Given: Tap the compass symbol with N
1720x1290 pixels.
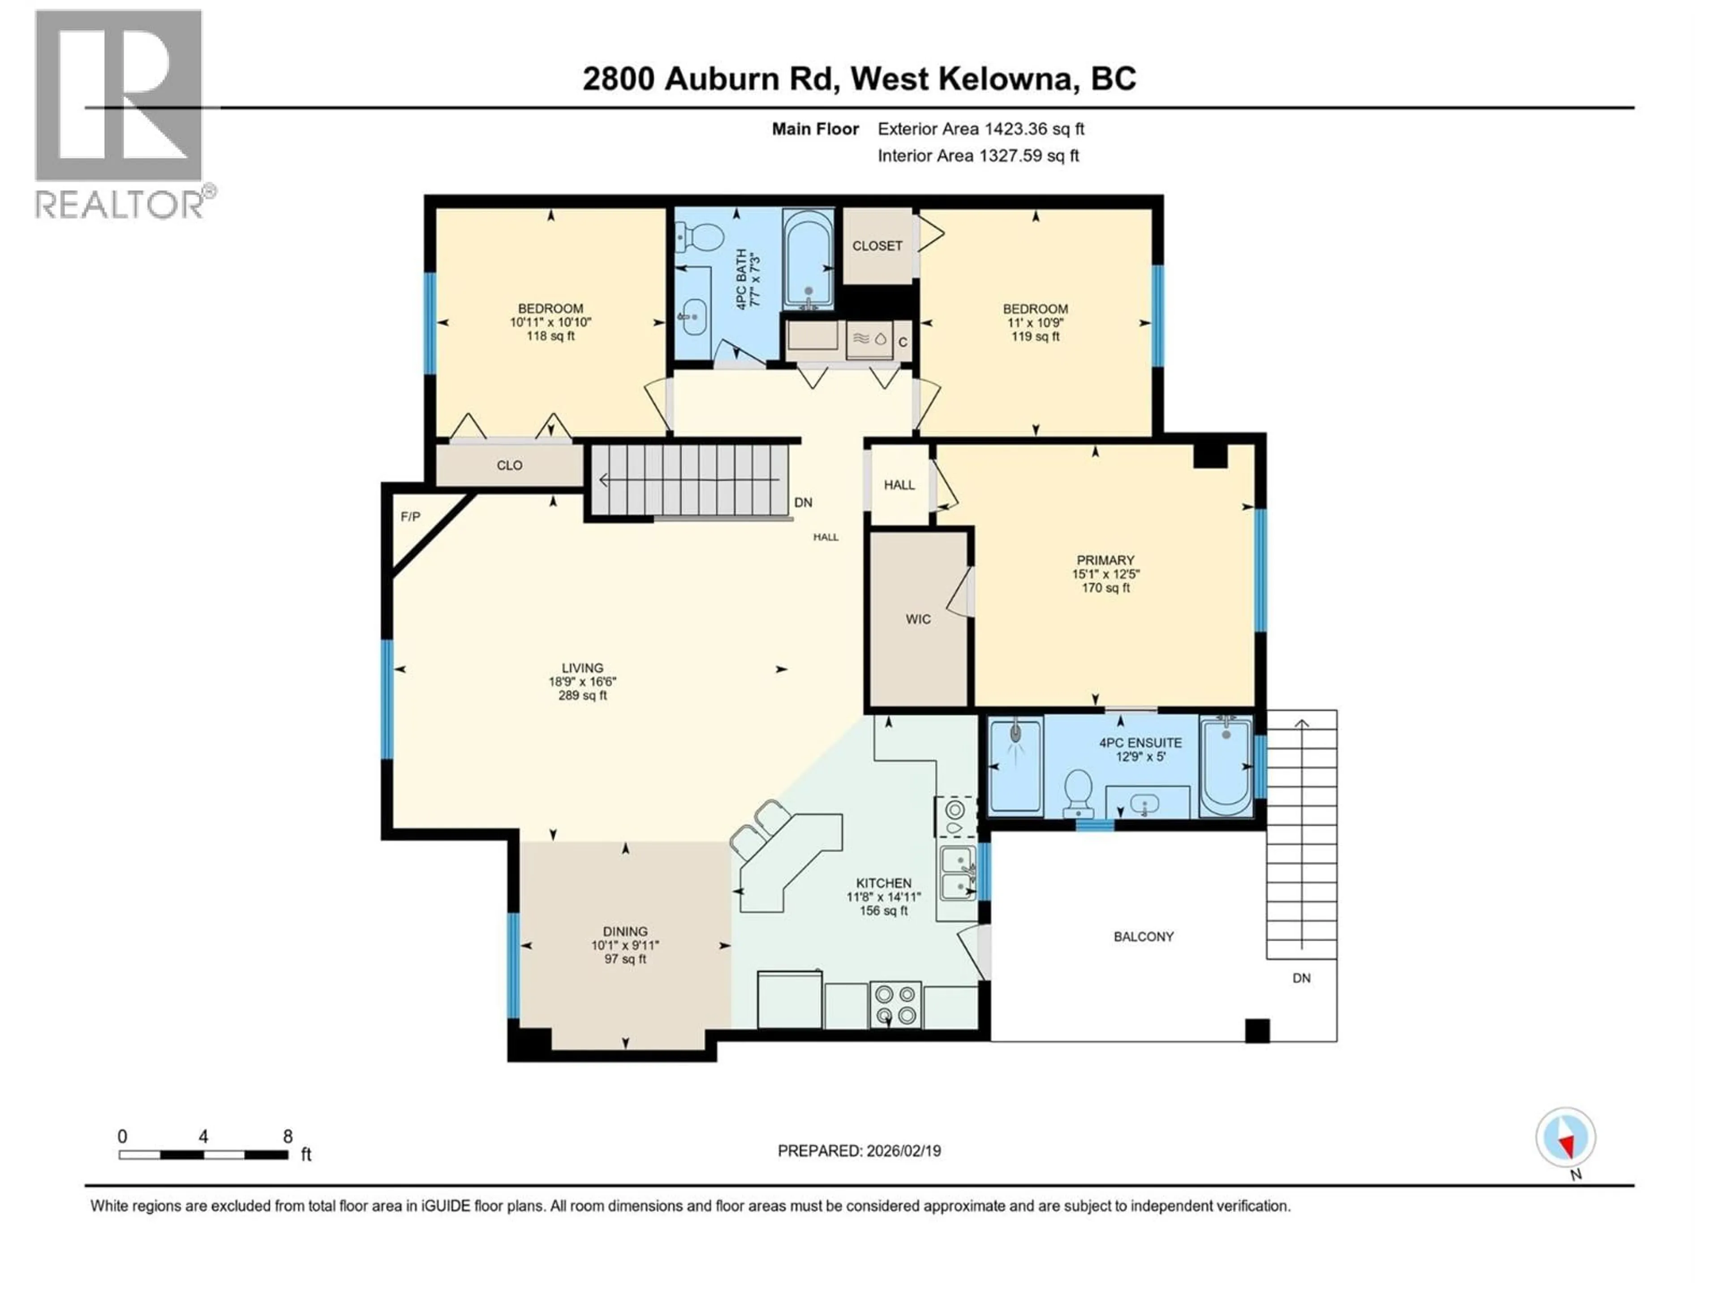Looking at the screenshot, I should click(1565, 1138).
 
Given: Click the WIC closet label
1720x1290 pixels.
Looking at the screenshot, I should click(917, 619).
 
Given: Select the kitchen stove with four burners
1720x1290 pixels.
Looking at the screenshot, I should click(895, 1005).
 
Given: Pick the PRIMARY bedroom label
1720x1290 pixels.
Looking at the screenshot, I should click(1105, 560).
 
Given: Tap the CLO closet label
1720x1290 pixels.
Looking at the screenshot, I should click(509, 465).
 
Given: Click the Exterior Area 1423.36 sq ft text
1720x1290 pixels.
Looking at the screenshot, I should click(980, 129).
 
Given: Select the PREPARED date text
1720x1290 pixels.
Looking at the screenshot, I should click(859, 1151).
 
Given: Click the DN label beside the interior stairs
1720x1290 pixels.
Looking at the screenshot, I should click(803, 502).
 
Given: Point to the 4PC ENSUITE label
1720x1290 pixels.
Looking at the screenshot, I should click(1140, 743).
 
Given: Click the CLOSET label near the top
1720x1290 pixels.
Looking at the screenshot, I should click(877, 246).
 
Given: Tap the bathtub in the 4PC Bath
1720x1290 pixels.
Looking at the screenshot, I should click(808, 258).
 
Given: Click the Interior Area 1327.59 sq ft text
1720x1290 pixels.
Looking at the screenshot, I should click(978, 155).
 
